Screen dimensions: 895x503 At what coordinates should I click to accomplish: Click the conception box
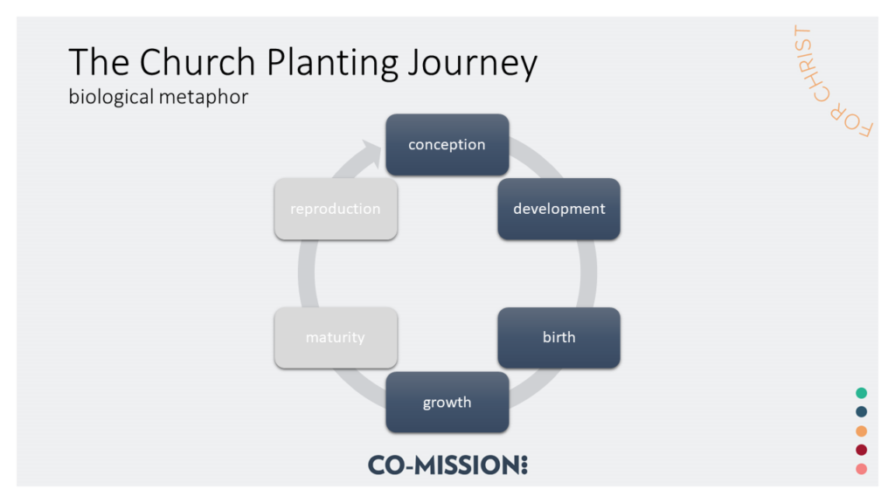tap(447, 144)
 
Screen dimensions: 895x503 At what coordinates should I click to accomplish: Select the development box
tap(559, 209)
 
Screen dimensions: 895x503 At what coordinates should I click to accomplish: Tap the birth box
tap(559, 338)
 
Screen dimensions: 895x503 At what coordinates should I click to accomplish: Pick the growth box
tap(447, 402)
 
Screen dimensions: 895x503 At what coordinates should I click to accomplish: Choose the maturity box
tap(336, 338)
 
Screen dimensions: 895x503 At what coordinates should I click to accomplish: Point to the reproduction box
tap(336, 209)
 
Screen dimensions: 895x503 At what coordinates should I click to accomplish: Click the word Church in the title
tap(198, 62)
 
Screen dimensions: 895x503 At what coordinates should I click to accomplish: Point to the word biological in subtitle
tap(111, 97)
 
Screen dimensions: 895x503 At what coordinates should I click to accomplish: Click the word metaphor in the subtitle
tap(204, 97)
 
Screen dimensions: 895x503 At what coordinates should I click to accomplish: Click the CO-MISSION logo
tap(447, 465)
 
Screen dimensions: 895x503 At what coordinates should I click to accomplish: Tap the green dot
tap(861, 393)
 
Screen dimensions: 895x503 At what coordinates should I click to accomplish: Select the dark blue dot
tap(861, 412)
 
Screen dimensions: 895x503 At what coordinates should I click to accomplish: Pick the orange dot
tap(861, 431)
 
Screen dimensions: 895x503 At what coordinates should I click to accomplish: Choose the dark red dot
tap(861, 450)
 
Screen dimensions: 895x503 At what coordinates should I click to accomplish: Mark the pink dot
tap(861, 469)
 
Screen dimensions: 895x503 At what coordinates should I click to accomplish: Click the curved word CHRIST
tap(808, 63)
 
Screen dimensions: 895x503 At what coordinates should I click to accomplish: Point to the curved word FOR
tap(851, 121)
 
